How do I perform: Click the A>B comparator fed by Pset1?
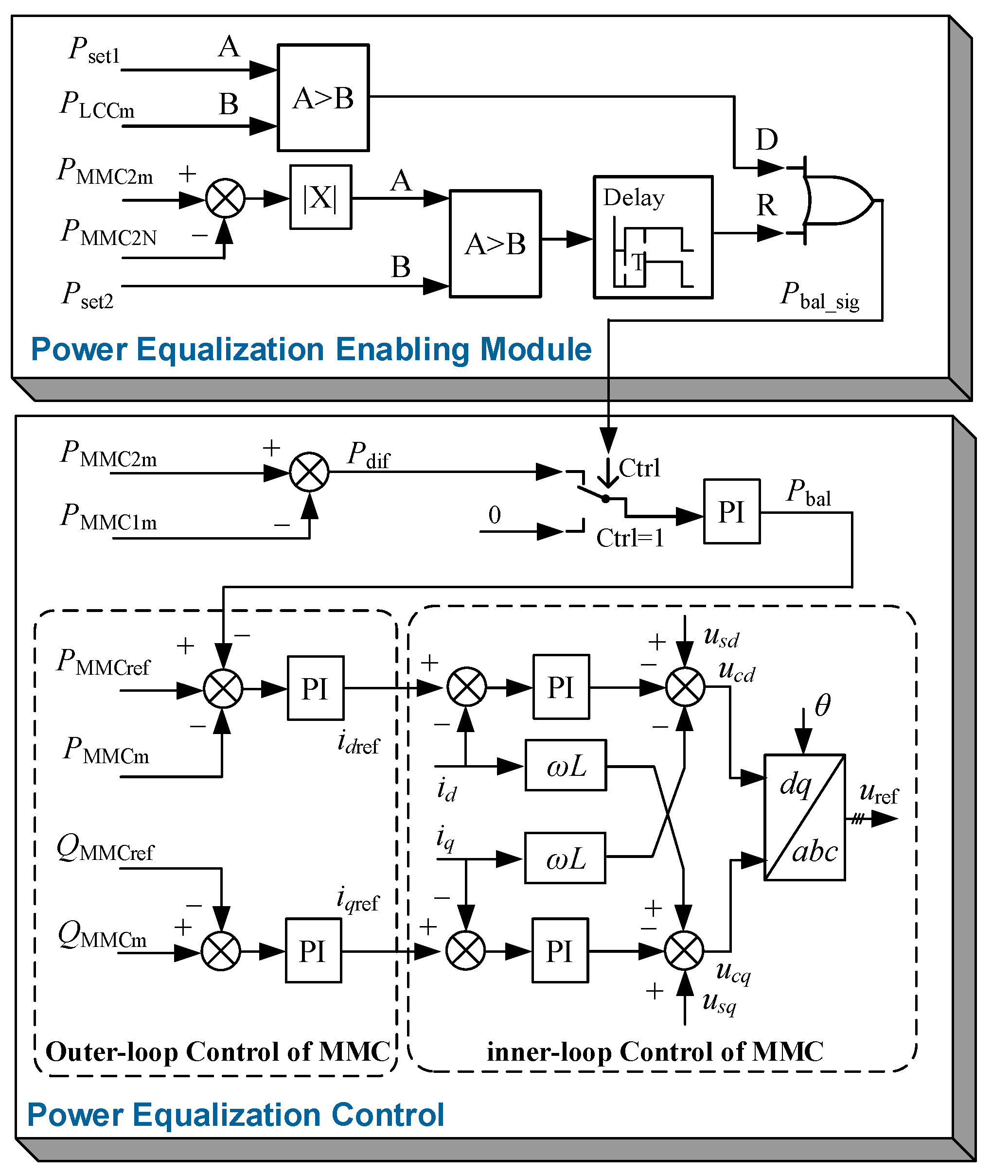tap(323, 98)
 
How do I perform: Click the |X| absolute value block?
tap(320, 197)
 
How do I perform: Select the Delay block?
tap(653, 237)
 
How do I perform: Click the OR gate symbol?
tap(837, 200)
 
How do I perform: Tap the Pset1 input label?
tap(94, 51)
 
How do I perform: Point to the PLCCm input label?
tap(97, 105)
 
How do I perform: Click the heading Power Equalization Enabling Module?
tap(311, 350)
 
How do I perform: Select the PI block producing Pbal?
tap(732, 511)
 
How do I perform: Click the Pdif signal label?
tap(368, 455)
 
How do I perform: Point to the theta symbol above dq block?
tap(822, 705)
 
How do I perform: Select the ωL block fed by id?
tap(566, 766)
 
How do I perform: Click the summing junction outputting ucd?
tap(685, 687)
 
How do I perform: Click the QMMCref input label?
tap(105, 849)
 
